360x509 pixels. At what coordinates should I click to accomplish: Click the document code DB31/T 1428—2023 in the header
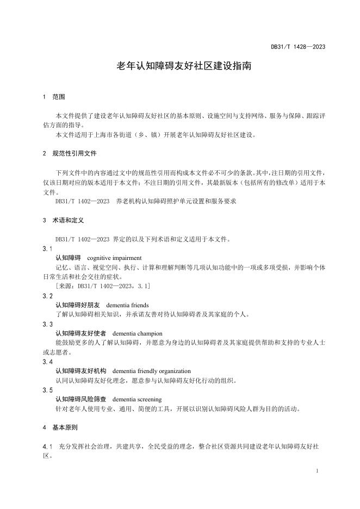pos(298,47)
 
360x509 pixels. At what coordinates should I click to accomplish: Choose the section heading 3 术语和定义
pos(61,221)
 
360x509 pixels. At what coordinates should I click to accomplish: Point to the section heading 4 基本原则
pos(61,428)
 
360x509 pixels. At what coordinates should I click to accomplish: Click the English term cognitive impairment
pos(114,258)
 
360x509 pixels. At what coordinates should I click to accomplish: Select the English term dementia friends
pos(127,305)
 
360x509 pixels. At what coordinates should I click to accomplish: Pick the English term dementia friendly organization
pos(151,371)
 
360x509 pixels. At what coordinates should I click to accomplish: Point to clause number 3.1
pos(47,249)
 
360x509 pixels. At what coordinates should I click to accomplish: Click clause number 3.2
pos(47,296)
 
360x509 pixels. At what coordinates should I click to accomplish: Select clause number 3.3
pos(47,324)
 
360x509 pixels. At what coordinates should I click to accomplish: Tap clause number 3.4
pos(47,362)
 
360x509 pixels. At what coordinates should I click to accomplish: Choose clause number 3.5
pos(47,390)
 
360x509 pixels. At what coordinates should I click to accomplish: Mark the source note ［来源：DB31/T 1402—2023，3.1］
pos(103,286)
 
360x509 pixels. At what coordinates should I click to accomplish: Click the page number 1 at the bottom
pos(316,470)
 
